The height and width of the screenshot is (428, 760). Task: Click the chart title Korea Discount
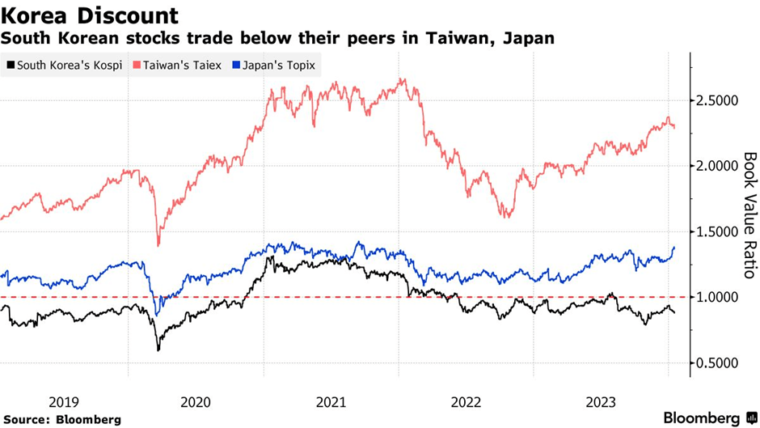coord(91,15)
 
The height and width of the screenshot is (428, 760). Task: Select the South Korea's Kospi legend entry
coord(64,65)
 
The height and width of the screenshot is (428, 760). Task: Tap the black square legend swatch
coord(9,65)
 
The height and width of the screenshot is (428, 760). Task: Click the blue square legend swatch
coord(236,65)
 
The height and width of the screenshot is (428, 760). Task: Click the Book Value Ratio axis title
coord(749,216)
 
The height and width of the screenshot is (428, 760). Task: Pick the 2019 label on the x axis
coord(64,401)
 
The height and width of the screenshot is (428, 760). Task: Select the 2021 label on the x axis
coord(332,401)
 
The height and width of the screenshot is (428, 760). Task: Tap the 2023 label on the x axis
coord(600,401)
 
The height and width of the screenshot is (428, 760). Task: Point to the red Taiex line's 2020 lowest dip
coord(158,245)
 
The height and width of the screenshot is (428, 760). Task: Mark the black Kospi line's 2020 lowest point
coord(158,350)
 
